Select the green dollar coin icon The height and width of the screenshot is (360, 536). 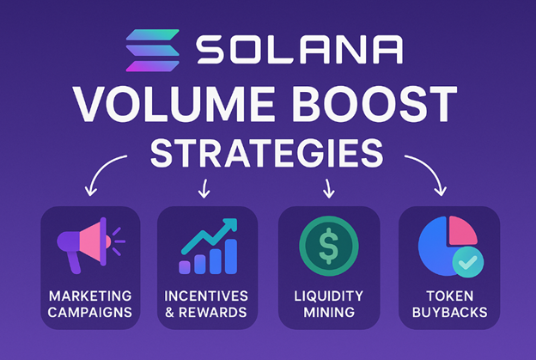326,244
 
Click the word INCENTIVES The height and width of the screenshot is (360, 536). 205,295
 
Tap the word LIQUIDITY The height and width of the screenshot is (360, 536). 326,295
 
